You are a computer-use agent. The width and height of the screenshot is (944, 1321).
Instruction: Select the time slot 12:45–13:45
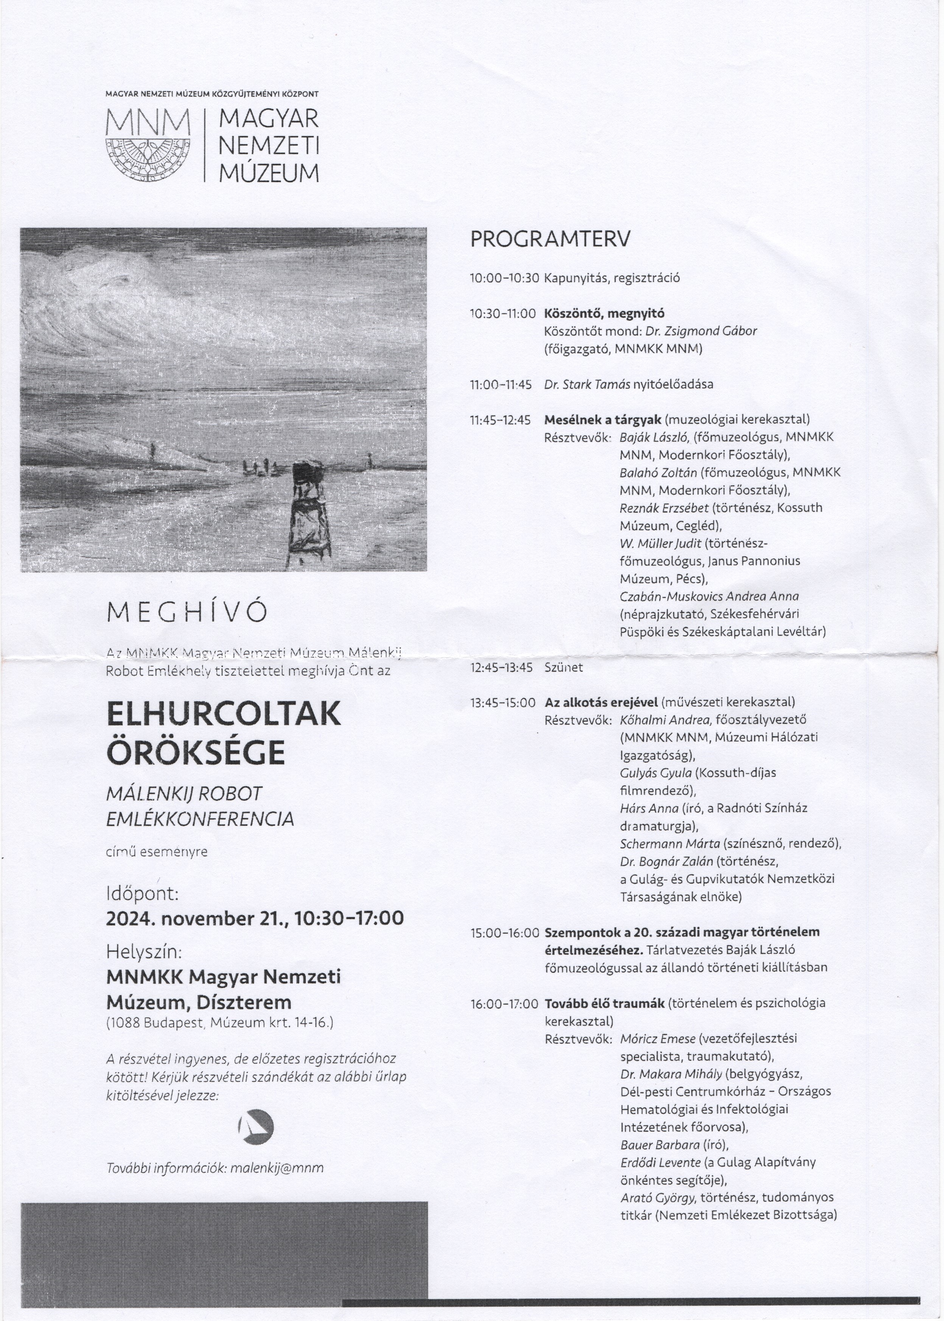(x=501, y=667)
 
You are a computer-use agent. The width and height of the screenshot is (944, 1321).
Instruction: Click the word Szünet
(x=563, y=667)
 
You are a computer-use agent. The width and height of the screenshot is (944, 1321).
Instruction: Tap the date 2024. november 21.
(x=198, y=918)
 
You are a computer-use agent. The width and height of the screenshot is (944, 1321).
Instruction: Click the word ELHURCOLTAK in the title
(x=224, y=714)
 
